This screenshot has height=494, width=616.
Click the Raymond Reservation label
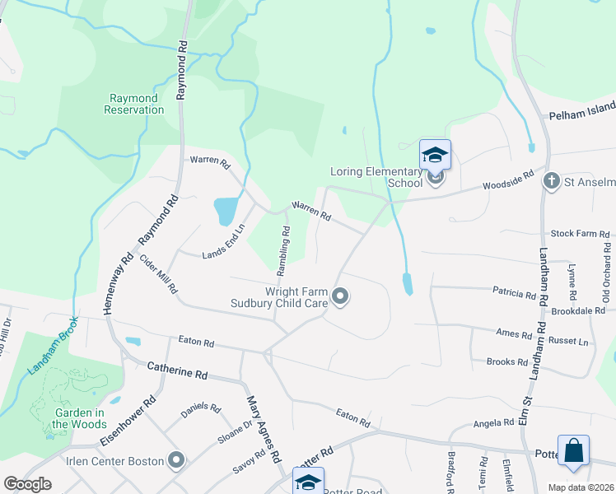[x=136, y=104]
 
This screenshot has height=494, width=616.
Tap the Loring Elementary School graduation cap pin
[x=435, y=154]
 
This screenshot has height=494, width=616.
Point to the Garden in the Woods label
[x=72, y=419]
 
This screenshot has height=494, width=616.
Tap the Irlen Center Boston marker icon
[x=175, y=459]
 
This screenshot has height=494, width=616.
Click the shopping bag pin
[x=573, y=451]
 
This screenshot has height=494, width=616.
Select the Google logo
[x=27, y=484]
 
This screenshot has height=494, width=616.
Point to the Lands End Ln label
[x=224, y=242]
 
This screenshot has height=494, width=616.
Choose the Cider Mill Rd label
[x=159, y=274]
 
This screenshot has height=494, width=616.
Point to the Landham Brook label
[x=52, y=347]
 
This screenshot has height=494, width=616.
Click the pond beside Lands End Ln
[x=224, y=212]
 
